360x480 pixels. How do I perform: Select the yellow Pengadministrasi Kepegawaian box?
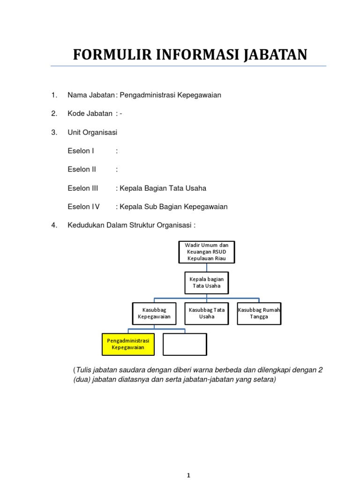click(x=128, y=344)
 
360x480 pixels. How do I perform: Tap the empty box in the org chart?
click(x=185, y=344)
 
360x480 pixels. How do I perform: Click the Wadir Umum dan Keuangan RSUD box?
click(x=206, y=252)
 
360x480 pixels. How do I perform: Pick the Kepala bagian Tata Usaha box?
click(x=206, y=282)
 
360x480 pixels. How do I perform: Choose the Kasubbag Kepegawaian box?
click(x=154, y=313)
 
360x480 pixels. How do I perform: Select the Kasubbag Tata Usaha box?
click(x=206, y=313)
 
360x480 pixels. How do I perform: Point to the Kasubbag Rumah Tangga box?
click(x=259, y=313)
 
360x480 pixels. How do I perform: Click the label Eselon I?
click(x=81, y=151)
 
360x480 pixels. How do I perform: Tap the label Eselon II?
click(x=82, y=170)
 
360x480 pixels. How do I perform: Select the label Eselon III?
click(x=83, y=188)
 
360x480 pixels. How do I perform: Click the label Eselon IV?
click(x=84, y=207)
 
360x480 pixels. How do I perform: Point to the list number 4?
click(x=54, y=225)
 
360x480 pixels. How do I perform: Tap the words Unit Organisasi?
click(x=92, y=132)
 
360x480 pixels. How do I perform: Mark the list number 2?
click(x=54, y=113)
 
